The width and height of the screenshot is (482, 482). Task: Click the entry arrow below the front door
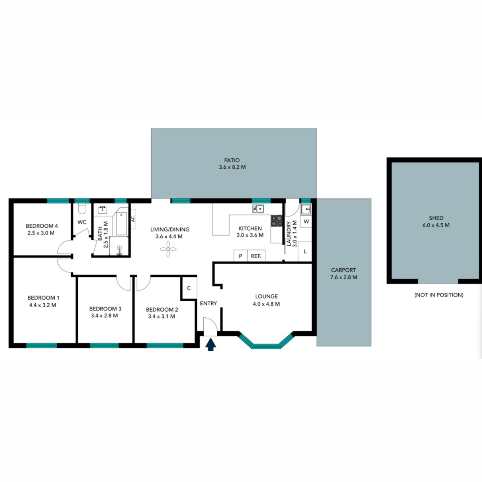pyautogui.click(x=210, y=344)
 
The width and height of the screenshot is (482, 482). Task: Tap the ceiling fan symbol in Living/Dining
pyautogui.click(x=168, y=249)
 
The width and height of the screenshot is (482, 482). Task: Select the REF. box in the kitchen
pyautogui.click(x=256, y=256)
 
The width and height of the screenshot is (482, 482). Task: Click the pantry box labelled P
pyautogui.click(x=241, y=256)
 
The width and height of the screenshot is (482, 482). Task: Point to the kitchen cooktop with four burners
pyautogui.click(x=276, y=221)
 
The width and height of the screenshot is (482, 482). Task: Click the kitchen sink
pyautogui.click(x=258, y=208)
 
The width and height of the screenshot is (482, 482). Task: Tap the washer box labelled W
pyautogui.click(x=306, y=221)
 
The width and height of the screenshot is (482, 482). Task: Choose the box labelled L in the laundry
pyautogui.click(x=305, y=251)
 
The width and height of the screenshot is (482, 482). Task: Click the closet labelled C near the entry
pyautogui.click(x=189, y=288)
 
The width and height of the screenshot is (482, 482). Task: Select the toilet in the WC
pyautogui.click(x=82, y=208)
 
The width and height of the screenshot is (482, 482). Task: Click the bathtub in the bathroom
pyautogui.click(x=121, y=224)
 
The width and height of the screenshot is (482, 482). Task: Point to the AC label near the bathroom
pyautogui.click(x=133, y=219)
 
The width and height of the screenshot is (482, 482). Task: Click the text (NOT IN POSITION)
pyautogui.click(x=439, y=295)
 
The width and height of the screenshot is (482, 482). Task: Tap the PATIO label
pyautogui.click(x=232, y=160)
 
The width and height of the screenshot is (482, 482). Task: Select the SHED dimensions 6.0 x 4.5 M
pyautogui.click(x=436, y=225)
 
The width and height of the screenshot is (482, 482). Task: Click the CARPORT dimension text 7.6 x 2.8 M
pyautogui.click(x=344, y=277)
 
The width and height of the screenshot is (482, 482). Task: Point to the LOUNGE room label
pyautogui.click(x=266, y=296)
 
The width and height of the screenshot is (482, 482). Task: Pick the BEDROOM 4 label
pyautogui.click(x=42, y=226)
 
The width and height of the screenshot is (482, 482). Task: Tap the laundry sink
pyautogui.click(x=306, y=209)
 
